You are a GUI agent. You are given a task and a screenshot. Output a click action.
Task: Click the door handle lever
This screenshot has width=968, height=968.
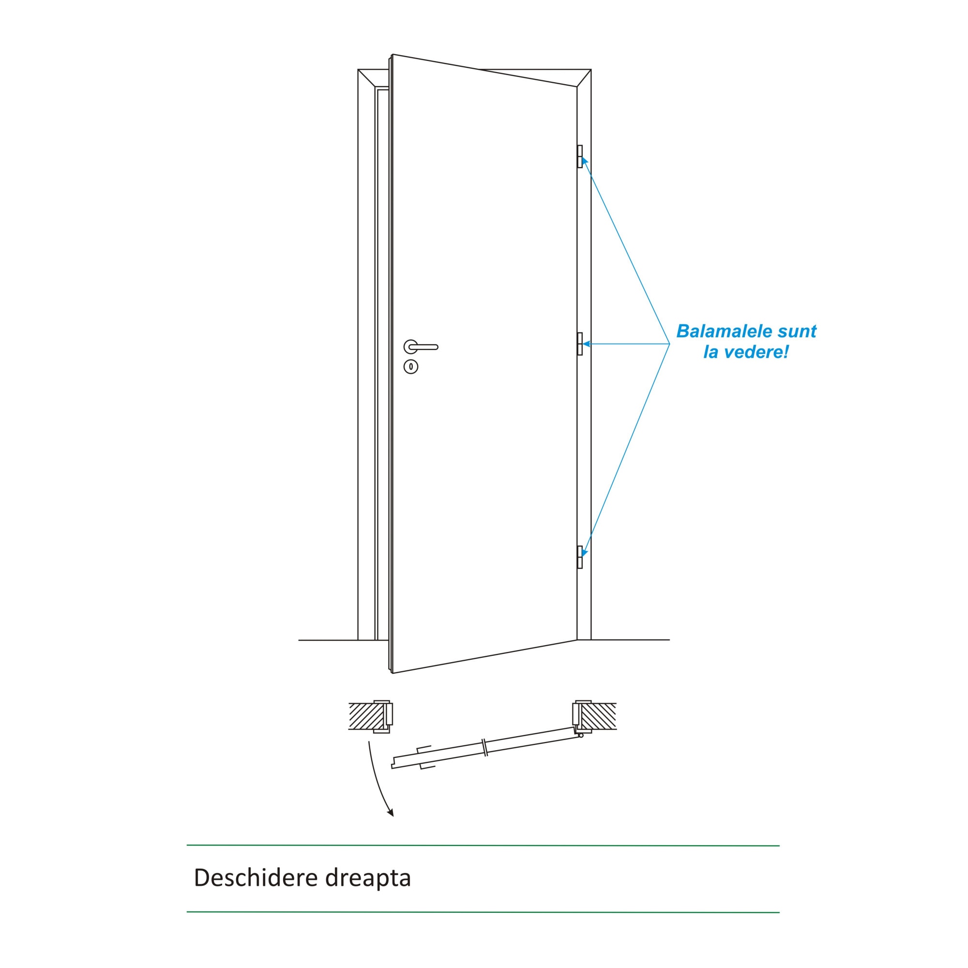tap(424, 347)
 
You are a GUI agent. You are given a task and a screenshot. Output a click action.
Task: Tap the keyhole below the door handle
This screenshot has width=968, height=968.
tap(411, 367)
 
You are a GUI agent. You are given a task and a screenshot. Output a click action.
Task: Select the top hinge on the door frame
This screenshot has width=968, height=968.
tap(580, 156)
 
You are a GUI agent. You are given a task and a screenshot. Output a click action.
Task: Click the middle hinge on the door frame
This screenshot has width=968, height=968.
tap(580, 344)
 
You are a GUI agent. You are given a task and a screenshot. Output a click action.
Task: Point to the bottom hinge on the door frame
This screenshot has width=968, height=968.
tap(580, 557)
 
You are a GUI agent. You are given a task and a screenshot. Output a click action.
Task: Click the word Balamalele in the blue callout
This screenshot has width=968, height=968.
tap(717, 331)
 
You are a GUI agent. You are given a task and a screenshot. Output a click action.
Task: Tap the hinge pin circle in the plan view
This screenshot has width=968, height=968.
tap(581, 736)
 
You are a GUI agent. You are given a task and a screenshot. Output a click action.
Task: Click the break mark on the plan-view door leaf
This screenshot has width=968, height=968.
tap(484, 747)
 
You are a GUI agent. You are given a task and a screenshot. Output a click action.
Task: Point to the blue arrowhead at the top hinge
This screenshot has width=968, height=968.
tap(584, 161)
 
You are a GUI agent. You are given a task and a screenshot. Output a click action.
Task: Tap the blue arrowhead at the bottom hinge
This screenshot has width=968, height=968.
tap(584, 552)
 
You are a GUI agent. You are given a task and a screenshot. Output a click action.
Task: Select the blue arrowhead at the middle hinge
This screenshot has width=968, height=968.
tap(586, 344)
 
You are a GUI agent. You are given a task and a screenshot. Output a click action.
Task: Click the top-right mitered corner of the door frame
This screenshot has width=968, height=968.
tap(584, 78)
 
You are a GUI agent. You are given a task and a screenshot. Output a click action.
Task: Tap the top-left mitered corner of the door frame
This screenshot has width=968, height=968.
tap(366, 78)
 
